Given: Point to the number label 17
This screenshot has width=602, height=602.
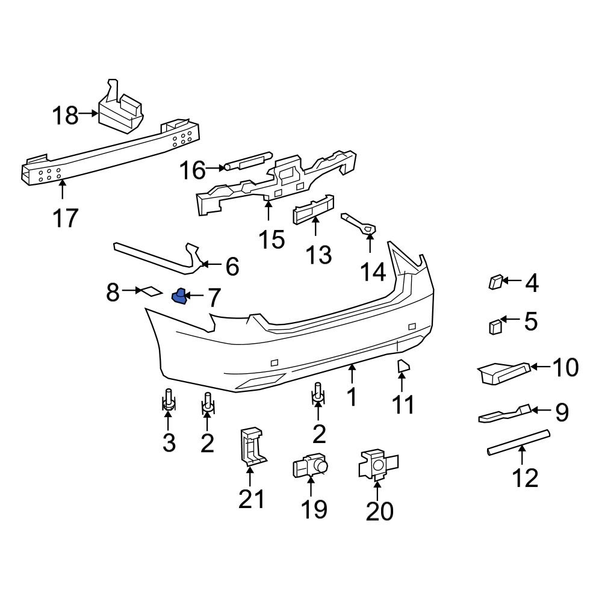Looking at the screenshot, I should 65,217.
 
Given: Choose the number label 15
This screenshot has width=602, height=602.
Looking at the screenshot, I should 272,240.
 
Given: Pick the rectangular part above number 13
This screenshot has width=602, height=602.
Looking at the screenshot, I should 313,209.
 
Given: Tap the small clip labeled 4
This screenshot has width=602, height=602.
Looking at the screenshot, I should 495,281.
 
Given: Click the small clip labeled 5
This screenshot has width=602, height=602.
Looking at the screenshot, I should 495,326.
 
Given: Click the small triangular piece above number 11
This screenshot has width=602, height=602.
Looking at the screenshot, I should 403,366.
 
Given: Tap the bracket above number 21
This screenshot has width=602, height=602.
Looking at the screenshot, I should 252,446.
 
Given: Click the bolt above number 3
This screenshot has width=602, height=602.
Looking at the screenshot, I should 169,400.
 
